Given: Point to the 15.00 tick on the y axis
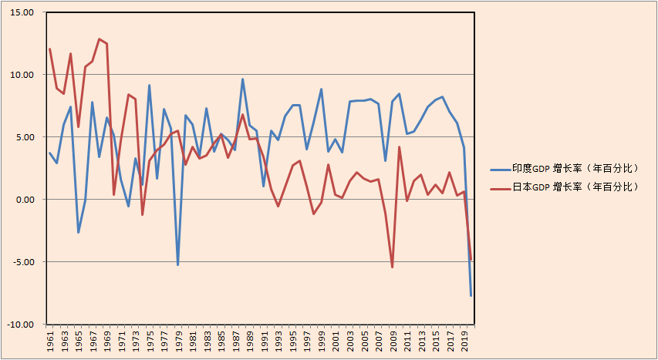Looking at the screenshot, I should point(23,13).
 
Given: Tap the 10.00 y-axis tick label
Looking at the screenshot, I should point(23,75).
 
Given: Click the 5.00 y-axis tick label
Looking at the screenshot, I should point(25,137).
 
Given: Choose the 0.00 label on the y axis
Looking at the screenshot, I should point(25,200).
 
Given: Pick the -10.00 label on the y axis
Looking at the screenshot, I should point(22,325).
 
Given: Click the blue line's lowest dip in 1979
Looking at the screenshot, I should point(178,265).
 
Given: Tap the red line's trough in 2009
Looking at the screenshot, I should point(392,267).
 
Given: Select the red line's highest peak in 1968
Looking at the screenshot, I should point(100,39).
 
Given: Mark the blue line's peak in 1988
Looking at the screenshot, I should point(242,79).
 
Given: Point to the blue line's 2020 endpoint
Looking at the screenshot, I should point(471,295).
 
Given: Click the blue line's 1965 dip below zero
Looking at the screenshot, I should point(78,232).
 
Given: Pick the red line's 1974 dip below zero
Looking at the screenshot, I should point(143,214).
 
